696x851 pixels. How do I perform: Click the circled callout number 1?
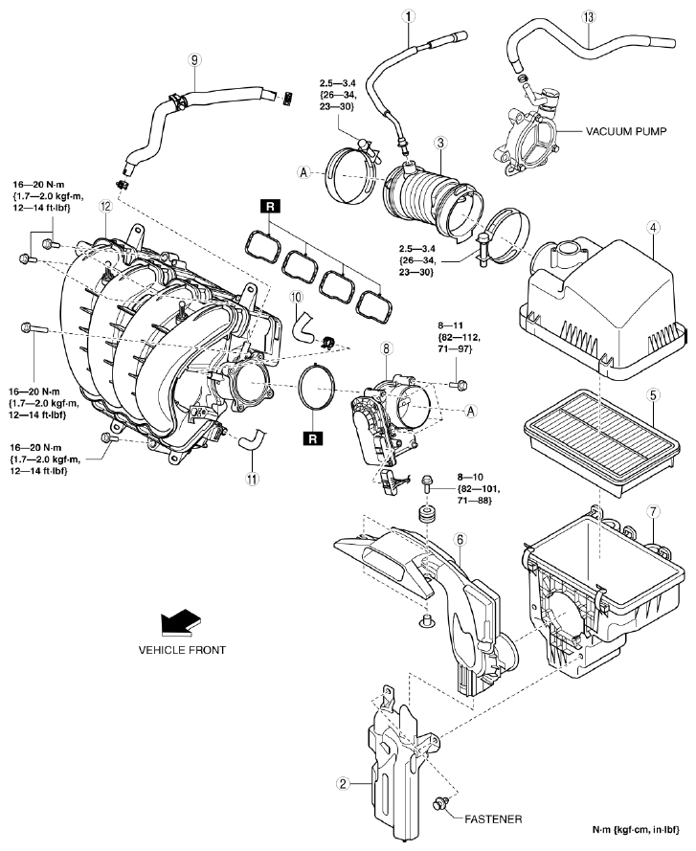tap(409, 16)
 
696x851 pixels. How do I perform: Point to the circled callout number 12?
tap(105, 206)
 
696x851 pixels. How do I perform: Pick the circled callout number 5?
tap(652, 393)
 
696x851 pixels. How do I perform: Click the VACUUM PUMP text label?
tap(607, 133)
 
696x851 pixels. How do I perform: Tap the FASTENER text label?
tap(494, 819)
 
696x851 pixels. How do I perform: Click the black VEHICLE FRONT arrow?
tap(181, 623)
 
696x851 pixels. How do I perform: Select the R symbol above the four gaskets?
tap(268, 207)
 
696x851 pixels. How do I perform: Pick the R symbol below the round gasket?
tap(311, 439)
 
